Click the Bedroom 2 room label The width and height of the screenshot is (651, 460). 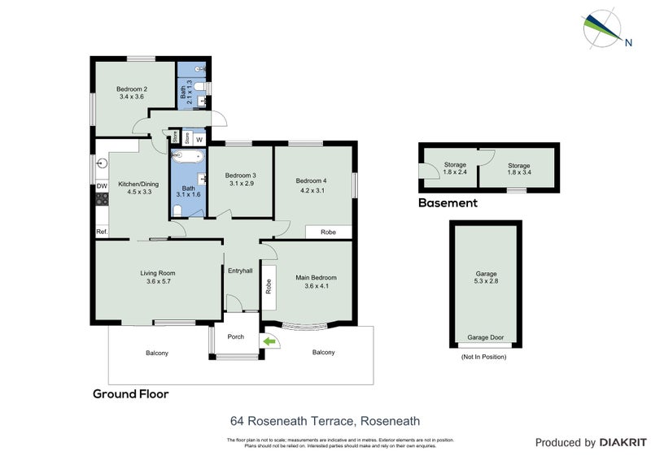tap(132, 89)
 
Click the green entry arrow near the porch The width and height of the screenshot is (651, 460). tap(269, 342)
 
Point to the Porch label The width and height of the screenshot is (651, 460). tap(235, 336)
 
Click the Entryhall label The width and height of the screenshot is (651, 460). tap(240, 271)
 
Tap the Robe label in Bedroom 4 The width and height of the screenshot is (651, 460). tap(328, 232)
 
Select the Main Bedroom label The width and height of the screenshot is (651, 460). tap(315, 277)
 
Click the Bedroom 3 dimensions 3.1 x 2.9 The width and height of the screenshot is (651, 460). tap(241, 184)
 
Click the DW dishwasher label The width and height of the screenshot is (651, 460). tap(102, 187)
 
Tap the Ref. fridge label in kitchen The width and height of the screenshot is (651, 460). tap(102, 232)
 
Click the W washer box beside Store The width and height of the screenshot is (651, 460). tap(199, 138)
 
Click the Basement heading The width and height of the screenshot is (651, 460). tap(448, 203)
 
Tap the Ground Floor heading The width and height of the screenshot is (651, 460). tap(130, 394)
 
